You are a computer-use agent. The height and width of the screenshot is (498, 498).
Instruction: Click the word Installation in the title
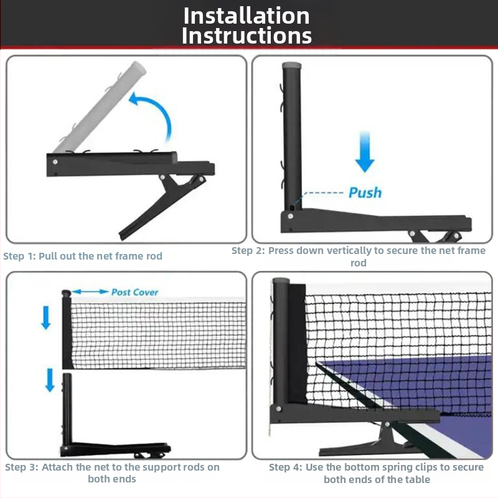[247, 16]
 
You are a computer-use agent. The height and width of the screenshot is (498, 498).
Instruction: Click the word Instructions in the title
[247, 35]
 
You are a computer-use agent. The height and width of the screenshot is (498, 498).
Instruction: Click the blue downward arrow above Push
[365, 152]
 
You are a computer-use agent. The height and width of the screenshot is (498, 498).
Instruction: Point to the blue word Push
[365, 192]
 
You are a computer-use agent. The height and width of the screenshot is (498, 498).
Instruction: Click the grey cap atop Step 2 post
[291, 65]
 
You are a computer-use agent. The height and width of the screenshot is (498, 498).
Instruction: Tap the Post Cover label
[134, 292]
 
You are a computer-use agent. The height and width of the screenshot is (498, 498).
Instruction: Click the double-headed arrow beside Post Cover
[90, 291]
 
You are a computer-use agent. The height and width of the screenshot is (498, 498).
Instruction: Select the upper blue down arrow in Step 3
[46, 317]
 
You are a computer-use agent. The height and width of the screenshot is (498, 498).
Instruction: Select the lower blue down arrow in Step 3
[50, 380]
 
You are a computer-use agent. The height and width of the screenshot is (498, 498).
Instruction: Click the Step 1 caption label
[83, 256]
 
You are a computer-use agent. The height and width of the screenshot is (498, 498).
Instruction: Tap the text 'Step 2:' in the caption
[248, 251]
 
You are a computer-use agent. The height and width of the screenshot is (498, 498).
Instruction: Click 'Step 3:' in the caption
[22, 467]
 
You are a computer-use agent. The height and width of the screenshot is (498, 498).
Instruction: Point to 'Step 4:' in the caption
[286, 467]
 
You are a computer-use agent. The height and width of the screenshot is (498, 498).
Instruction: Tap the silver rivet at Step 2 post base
[290, 216]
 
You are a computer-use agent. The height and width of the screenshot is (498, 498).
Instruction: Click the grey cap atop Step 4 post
[281, 281]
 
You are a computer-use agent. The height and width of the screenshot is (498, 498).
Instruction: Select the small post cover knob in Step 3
[66, 293]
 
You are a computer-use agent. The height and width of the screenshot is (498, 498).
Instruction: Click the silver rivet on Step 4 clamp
[387, 425]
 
